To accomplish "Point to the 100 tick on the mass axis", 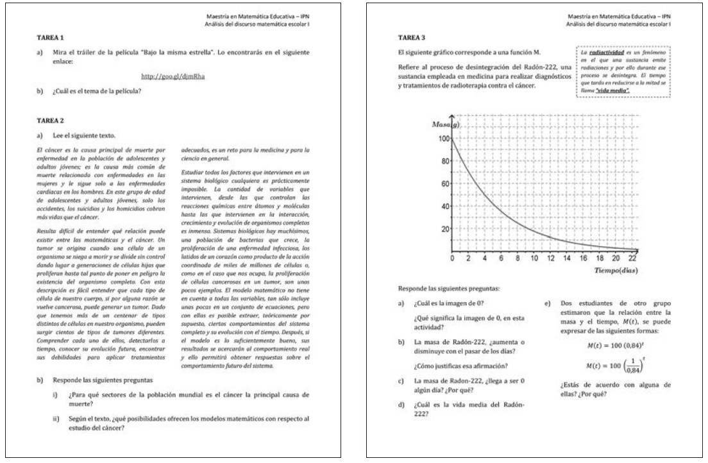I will (x=442, y=138).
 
